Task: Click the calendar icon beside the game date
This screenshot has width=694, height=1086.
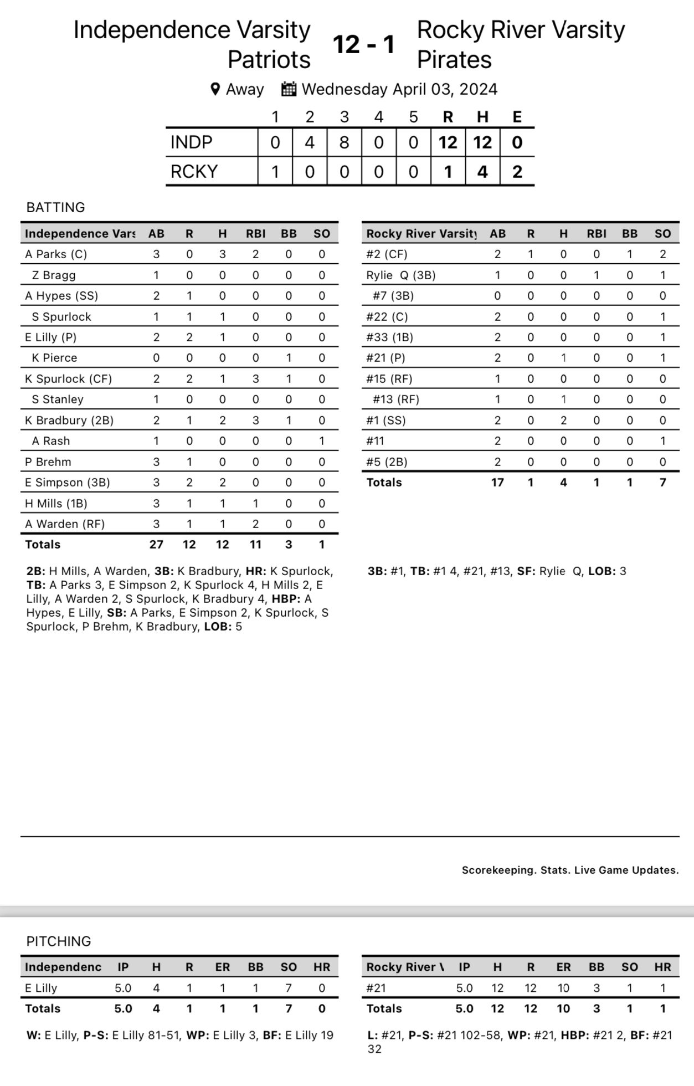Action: pos(289,89)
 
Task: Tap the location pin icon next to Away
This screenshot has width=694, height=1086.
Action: pos(215,89)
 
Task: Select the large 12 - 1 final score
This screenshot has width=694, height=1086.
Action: pos(363,44)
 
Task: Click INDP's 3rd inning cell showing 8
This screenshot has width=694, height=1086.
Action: pos(344,143)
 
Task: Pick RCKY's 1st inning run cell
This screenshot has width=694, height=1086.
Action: pos(275,172)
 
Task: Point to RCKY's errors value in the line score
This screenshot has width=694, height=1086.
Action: pos(517,172)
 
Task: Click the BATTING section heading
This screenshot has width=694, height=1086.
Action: pos(55,208)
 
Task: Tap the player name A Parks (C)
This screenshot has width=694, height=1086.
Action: pos(56,254)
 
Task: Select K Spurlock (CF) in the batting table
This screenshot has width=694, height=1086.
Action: pos(68,379)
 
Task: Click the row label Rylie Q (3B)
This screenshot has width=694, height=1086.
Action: pos(400,275)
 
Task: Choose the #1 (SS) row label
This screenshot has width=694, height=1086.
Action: pos(385,421)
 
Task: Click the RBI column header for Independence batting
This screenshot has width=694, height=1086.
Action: pos(255,234)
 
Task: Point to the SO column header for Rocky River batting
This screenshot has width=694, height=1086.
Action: pos(662,234)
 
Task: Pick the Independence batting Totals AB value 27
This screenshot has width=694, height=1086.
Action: pos(156,545)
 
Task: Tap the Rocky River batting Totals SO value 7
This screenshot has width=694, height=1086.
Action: pos(662,483)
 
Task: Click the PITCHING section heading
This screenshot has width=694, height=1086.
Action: pos(59,941)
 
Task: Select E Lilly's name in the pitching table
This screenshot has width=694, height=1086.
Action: pos(41,988)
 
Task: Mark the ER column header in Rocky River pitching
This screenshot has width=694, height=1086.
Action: pos(563,967)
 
